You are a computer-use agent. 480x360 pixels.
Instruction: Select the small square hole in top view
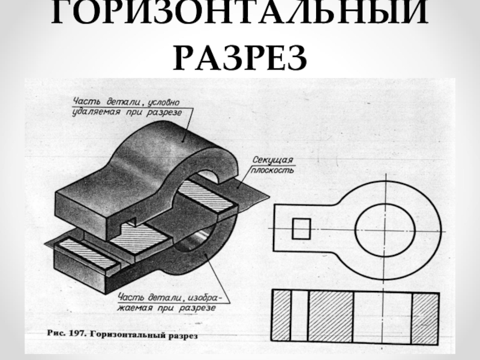[301, 228]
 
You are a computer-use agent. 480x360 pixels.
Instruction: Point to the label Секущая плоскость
[273, 164]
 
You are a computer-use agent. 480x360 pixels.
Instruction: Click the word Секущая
[273, 160]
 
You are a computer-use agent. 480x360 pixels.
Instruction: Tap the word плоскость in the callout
[274, 170]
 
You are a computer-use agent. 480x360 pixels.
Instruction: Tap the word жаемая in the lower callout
[136, 307]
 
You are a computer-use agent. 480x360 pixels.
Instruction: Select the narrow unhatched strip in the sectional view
[300, 317]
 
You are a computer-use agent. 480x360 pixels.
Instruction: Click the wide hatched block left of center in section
[331, 317]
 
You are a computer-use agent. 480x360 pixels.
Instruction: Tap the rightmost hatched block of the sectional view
[425, 317]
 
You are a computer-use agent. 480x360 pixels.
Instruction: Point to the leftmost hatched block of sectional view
[283, 317]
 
